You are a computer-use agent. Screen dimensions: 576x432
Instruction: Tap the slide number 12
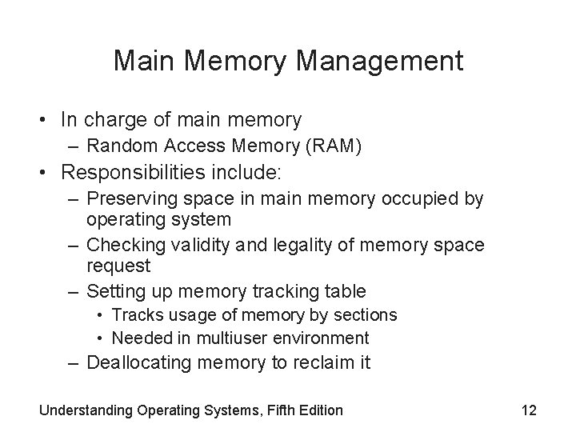pyautogui.click(x=528, y=410)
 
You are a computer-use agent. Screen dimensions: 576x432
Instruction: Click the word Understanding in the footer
pyautogui.click(x=88, y=410)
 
